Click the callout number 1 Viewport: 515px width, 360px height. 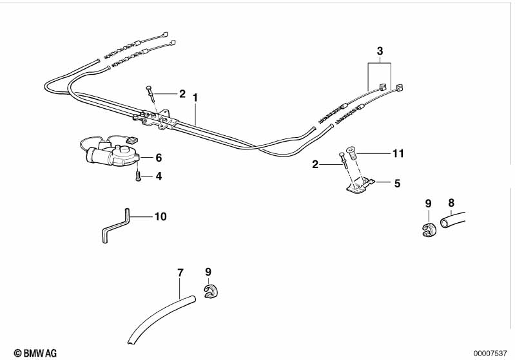tap(195, 98)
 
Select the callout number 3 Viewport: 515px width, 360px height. tap(380, 51)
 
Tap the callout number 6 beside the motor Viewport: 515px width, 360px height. tap(159, 158)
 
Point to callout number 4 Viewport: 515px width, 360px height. tap(159, 176)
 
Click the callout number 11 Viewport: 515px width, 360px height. tap(398, 153)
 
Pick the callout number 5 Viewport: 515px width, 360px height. tap(398, 183)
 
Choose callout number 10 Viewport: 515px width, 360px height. tap(160, 216)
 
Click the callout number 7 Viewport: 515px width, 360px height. tap(180, 272)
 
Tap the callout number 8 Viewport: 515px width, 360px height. tap(451, 203)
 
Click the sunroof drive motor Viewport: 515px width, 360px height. tap(112, 154)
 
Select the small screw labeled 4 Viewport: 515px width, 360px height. tap(138, 176)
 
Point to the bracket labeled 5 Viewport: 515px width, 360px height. tap(359, 185)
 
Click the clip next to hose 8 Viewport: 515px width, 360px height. tap(428, 229)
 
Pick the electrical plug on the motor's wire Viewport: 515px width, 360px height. tap(131, 140)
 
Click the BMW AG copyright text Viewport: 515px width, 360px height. tap(35, 353)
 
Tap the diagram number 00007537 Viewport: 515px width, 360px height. tap(490, 353)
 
